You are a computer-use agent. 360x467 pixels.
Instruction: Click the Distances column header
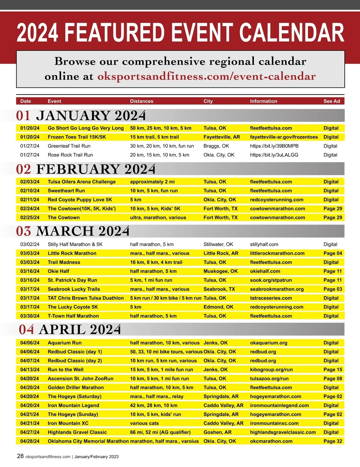tap(142, 101)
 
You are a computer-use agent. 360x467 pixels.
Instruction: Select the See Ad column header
tap(331, 101)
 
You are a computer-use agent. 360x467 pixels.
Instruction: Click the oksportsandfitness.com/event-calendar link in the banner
tap(206, 76)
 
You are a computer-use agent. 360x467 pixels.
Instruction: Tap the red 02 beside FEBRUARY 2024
tap(24, 169)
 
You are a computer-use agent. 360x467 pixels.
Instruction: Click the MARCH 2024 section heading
tap(83, 231)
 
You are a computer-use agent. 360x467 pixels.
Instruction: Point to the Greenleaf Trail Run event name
tap(69, 146)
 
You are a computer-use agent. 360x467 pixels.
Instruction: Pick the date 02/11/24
tap(30, 200)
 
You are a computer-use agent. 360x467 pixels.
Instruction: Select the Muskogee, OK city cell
tap(220, 271)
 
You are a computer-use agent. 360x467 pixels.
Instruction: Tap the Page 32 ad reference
tap(333, 441)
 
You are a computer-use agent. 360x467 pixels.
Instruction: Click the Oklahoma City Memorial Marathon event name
tap(88, 441)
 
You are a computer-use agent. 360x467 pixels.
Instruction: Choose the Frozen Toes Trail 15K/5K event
tap(77, 137)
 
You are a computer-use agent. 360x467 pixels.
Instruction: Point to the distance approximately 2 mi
tap(152, 182)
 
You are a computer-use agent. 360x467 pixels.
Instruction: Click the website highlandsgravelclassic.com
tap(283, 432)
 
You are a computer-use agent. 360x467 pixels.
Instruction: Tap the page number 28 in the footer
tap(20, 456)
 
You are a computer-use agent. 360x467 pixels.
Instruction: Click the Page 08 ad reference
tap(333, 379)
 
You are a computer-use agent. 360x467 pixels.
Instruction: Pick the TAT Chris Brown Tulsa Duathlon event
tap(85, 298)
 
